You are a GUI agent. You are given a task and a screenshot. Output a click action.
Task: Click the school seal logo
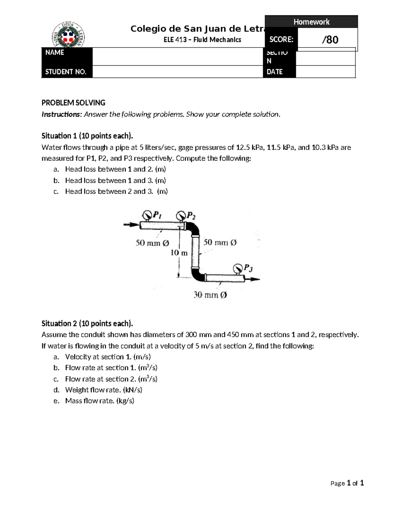coord(68,35)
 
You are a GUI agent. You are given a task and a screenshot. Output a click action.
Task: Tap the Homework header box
coord(311,22)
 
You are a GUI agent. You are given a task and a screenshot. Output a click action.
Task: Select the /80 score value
coord(330,40)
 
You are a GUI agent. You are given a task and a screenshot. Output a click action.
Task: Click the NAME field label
coord(55,53)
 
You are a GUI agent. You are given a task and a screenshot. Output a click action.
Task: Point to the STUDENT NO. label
coord(66,72)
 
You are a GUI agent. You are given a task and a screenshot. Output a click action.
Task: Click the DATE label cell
coord(275,72)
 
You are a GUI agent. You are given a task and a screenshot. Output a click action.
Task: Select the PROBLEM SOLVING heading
coord(73,103)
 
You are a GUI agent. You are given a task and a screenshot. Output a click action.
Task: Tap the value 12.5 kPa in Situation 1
coord(250,147)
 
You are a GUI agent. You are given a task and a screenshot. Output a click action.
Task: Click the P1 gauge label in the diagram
coord(157,215)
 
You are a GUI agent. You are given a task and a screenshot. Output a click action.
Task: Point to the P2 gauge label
coord(191,216)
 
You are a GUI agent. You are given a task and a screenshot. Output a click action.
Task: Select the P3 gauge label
coord(248,268)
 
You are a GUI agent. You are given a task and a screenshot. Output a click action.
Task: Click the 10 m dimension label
coord(179,253)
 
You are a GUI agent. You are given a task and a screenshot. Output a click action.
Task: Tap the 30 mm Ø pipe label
coord(210,295)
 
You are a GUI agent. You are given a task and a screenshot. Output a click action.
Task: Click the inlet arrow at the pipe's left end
coord(131,224)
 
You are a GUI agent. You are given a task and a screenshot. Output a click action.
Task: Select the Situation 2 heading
coord(87,323)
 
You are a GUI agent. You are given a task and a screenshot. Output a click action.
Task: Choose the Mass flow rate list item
coord(99,401)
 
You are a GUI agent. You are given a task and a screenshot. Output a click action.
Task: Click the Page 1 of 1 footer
coord(347,483)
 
